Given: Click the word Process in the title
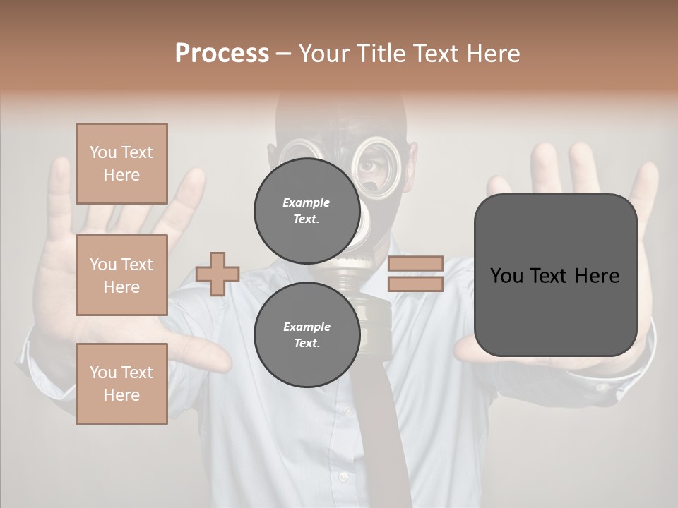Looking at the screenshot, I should [222, 53].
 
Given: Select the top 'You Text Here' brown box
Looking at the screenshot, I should [121, 164].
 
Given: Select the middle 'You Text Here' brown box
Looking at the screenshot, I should [121, 275].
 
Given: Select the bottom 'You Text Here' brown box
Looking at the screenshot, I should [121, 383].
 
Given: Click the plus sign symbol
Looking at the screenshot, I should [218, 274].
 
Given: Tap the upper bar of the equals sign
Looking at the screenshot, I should [415, 263].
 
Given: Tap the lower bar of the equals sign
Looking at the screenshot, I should [415, 284].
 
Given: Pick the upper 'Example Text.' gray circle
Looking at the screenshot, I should [307, 210].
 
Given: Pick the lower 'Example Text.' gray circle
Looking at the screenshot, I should [307, 334].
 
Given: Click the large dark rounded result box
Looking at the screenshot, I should [555, 310].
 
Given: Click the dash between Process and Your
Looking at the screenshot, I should [283, 54].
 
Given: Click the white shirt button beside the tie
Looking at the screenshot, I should [344, 478].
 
